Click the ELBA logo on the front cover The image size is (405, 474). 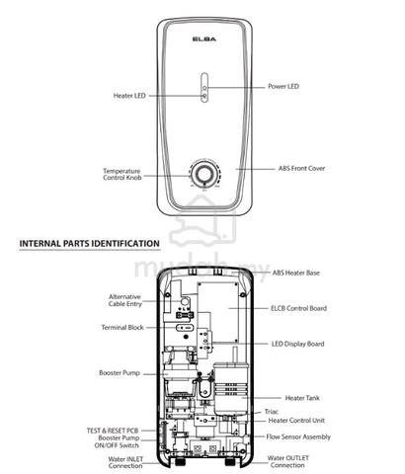tap(204, 39)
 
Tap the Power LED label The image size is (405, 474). tap(283, 87)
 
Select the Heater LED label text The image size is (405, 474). tap(129, 96)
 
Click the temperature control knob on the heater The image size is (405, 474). tap(204, 174)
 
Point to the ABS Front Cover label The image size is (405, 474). tap(301, 168)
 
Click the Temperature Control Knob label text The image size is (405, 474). tap(122, 174)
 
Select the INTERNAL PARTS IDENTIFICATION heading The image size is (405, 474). tap(90, 244)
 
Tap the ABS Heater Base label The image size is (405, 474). tap(295, 273)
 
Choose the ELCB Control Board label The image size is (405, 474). tap(298, 308)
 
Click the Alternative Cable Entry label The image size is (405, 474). tap(125, 300)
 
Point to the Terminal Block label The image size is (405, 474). tap(122, 328)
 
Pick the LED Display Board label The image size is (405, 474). tap(297, 344)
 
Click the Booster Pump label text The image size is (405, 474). tap(120, 373)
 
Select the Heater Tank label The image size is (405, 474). tap(302, 398)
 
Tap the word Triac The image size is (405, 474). tap(272, 412)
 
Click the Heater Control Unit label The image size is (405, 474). tap(296, 421)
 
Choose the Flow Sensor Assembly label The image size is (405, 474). tap(298, 437)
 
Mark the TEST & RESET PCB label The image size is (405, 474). tap(113, 431)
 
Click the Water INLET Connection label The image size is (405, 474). tap(125, 462)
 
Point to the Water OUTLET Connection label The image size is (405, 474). tap(288, 461)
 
